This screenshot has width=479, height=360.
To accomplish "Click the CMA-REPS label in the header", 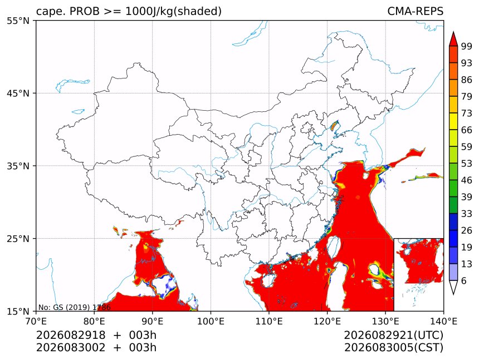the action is click(x=415, y=11).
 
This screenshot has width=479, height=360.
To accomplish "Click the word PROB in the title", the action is click(x=85, y=11).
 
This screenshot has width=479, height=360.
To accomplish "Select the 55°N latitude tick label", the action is click(x=18, y=21).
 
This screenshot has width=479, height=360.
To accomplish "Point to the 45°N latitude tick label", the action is click(x=18, y=93).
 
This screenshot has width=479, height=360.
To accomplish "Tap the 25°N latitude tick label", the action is click(x=18, y=239).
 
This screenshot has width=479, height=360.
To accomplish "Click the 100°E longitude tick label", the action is click(x=211, y=321).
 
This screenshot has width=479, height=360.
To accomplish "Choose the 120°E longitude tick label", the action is click(x=327, y=321).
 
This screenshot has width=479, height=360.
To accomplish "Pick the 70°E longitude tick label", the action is click(x=36, y=321).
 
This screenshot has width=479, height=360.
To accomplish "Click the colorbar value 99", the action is click(x=467, y=46).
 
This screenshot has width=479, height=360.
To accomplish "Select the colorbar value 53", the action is click(x=467, y=164).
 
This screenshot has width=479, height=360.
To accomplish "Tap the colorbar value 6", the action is click(x=464, y=281).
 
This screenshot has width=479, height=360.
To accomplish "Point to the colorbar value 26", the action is click(x=467, y=231).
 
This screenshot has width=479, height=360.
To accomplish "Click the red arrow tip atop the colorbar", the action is click(x=453, y=32).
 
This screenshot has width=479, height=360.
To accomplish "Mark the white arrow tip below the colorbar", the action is click(x=453, y=294).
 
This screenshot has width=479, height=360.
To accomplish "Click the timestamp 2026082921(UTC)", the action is click(x=393, y=335).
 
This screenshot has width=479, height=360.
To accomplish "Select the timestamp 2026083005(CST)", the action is click(x=393, y=348).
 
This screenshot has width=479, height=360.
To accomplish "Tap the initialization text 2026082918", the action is click(x=71, y=335).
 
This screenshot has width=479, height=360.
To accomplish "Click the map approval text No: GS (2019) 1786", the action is click(x=74, y=307).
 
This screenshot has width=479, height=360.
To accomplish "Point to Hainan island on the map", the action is click(x=268, y=280).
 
